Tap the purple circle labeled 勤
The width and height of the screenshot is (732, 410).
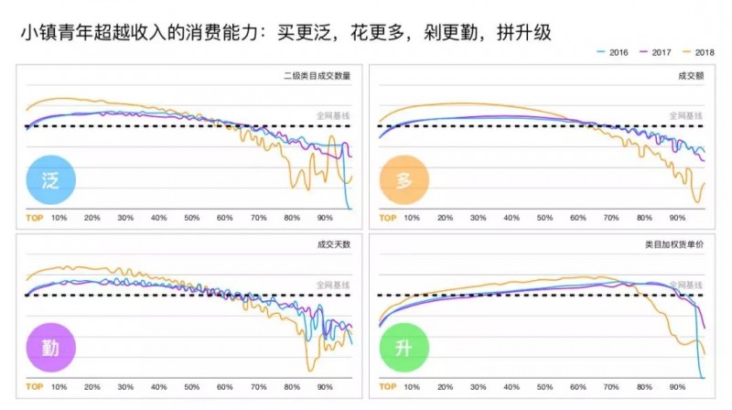(50, 349)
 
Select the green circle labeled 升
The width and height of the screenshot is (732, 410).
(404, 349)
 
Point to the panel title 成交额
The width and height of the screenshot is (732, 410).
(690, 76)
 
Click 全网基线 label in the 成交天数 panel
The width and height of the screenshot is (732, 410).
(333, 286)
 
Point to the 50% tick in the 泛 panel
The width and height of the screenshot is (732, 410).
(191, 219)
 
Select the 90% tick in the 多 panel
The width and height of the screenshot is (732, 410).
(677, 219)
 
